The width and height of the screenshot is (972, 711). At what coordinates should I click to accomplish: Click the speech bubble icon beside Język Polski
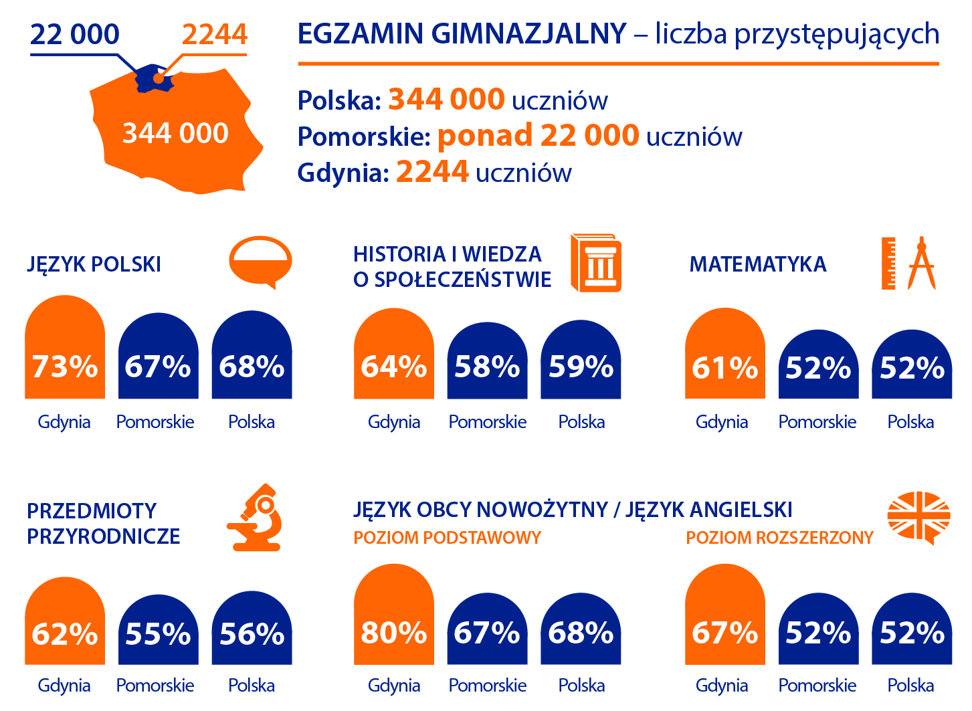(260, 262)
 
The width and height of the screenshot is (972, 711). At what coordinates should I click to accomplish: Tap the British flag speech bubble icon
(918, 517)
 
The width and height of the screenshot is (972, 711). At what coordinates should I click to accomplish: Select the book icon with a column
(595, 263)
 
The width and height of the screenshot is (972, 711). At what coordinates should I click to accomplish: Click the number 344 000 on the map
(175, 133)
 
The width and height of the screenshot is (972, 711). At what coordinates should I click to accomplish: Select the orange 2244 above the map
(214, 34)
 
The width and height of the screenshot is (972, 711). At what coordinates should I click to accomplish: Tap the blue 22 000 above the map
(75, 34)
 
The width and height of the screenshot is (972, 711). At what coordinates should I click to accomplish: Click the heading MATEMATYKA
(758, 264)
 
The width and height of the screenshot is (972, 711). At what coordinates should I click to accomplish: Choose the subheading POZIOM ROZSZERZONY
(779, 538)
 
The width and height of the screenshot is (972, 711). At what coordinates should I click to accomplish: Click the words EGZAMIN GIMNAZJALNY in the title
(462, 33)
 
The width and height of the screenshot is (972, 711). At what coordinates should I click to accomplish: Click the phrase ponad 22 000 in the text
(539, 136)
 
